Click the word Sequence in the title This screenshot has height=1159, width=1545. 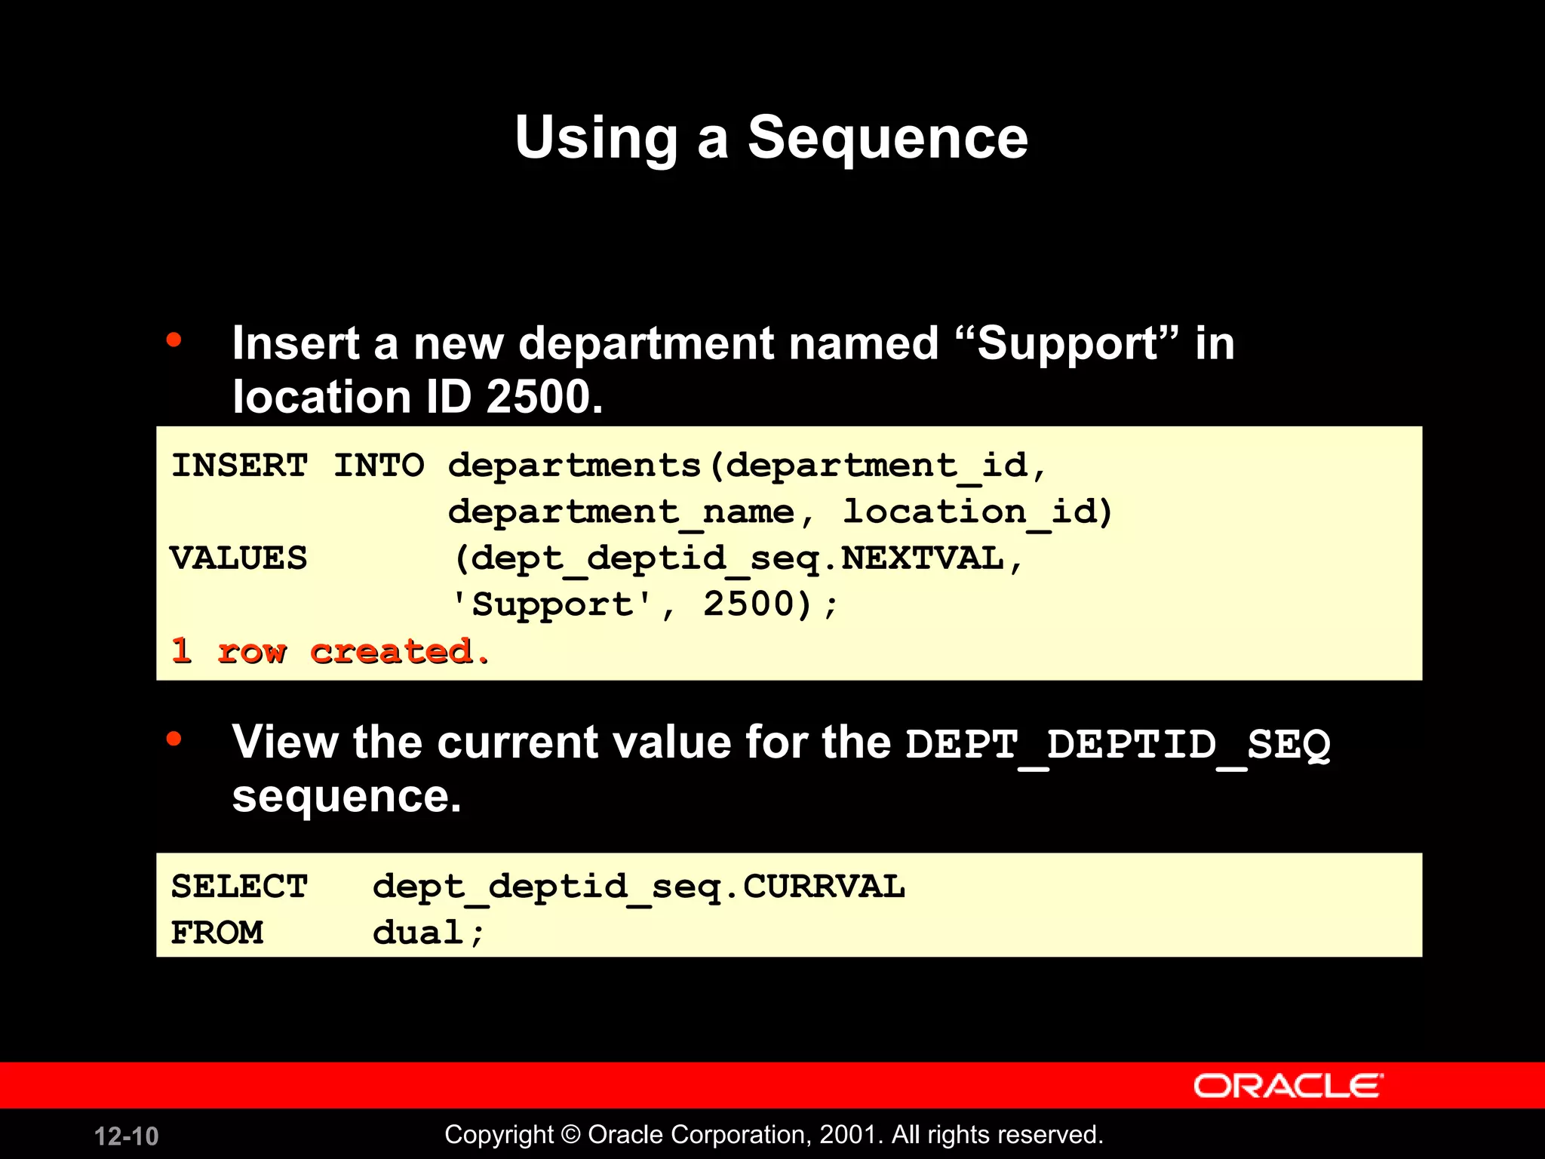(887, 138)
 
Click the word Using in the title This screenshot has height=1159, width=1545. (596, 138)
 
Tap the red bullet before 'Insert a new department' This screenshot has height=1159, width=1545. (174, 340)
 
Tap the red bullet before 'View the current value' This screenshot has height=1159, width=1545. (174, 738)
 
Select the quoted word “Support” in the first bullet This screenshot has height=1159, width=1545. (1067, 344)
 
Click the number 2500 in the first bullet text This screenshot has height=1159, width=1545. (543, 397)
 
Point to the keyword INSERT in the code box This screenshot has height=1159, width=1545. (239, 465)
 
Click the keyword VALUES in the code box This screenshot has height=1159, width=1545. (238, 558)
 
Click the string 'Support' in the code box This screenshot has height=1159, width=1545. (552, 605)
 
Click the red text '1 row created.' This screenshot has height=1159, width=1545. (330, 651)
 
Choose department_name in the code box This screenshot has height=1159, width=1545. (621, 512)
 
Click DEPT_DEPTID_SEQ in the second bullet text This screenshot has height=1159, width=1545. (1117, 745)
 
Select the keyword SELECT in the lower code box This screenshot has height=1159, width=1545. (239, 887)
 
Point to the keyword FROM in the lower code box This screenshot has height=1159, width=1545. (217, 933)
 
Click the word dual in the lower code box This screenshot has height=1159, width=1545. (419, 933)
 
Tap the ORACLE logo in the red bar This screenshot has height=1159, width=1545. (1288, 1086)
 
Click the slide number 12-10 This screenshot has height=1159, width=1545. (127, 1136)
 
